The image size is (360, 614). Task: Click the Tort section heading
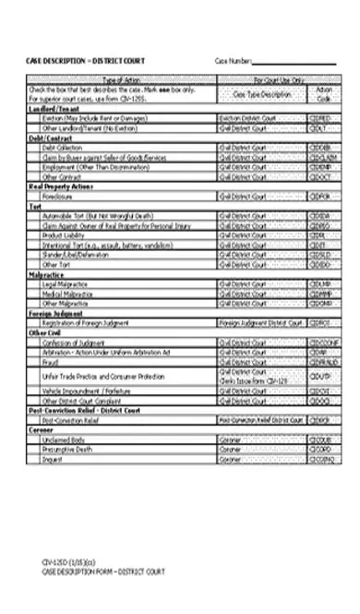pyautogui.click(x=34, y=206)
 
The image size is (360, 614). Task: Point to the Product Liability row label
pyautogui.click(x=65, y=235)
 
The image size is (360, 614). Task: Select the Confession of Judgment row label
pyautogui.click(x=77, y=343)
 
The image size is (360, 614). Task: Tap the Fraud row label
pyautogui.click(x=50, y=362)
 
